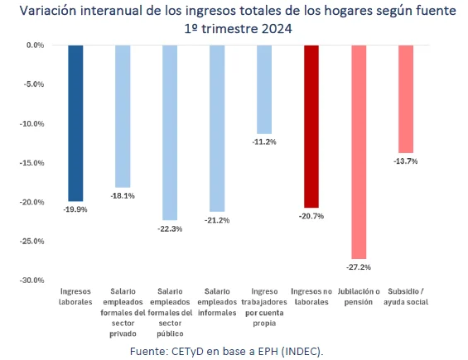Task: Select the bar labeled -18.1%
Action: coord(123,116)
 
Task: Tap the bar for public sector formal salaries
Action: coord(170,132)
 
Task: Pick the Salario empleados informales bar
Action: coord(217,128)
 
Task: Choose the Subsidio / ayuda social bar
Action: coord(406,98)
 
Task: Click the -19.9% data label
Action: coord(75,210)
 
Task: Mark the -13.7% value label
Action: coord(406,161)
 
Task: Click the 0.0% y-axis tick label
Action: coord(35,45)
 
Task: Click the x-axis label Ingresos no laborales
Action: coord(311,297)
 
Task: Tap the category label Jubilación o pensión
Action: coord(359,297)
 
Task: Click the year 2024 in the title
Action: coord(279,28)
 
